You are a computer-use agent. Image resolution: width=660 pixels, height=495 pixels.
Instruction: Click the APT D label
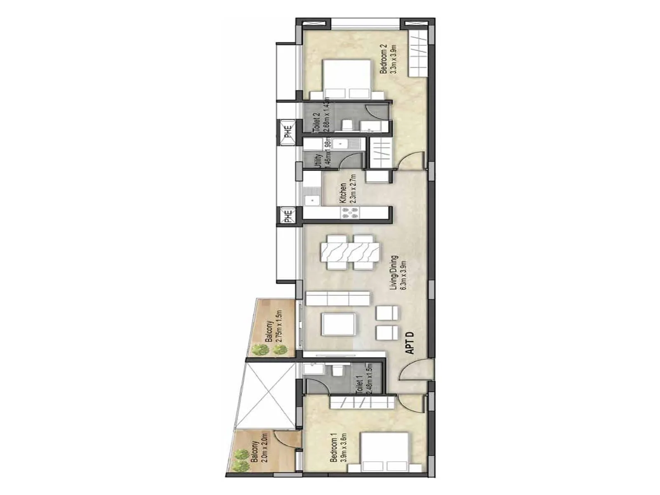tap(410, 343)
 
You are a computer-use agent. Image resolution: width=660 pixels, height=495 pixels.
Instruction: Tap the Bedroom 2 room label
tap(387, 59)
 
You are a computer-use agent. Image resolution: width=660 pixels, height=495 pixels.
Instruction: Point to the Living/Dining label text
tap(398, 273)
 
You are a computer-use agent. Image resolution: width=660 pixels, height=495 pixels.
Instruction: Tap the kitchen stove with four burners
tap(349, 212)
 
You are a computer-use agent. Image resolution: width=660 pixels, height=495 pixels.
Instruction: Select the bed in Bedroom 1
tap(384, 452)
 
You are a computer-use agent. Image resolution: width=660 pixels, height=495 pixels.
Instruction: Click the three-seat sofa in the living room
tap(338, 298)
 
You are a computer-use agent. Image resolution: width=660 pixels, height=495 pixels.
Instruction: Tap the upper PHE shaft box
tap(287, 132)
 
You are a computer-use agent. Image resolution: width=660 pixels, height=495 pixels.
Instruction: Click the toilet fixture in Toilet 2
tap(346, 124)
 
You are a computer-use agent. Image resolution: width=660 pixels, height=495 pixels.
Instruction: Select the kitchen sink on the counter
tap(312, 200)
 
